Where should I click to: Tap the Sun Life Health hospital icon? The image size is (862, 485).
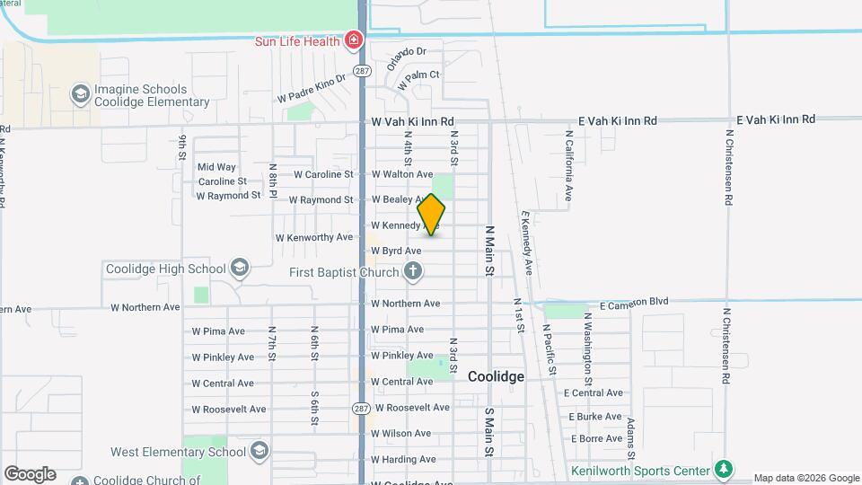coord(354,41)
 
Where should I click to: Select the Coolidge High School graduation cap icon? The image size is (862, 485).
coord(240,268)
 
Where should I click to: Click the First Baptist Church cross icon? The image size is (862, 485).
coord(412,271)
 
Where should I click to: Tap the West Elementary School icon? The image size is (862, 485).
coord(259,451)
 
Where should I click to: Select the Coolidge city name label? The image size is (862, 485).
coord(496,377)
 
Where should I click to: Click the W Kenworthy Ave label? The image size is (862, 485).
coord(314,238)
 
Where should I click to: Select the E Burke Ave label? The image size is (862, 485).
coord(595,417)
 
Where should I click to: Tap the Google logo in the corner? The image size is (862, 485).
coord(30,474)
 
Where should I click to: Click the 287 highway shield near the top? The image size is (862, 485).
coord(360,69)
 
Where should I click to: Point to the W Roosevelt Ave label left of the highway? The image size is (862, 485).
coord(228,409)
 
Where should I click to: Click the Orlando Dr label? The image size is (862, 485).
coord(406,58)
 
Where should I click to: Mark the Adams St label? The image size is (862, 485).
coord(632,431)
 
